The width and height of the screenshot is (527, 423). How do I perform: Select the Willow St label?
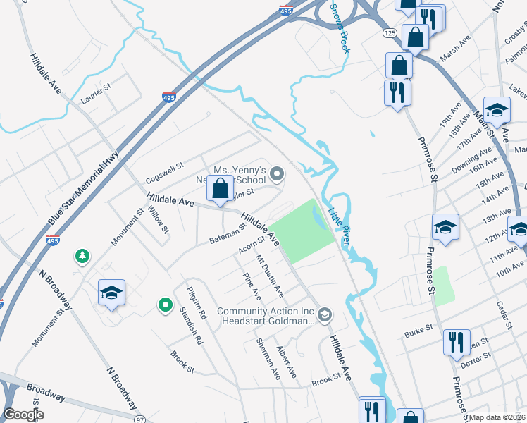pos(161,219)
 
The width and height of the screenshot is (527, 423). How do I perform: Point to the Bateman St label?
pos(226,232)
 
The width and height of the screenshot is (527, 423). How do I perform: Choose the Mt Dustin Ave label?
pos(269,276)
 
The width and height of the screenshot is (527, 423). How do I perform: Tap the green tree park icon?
pos(83,256)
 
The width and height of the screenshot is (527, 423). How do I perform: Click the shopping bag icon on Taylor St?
pos(220,188)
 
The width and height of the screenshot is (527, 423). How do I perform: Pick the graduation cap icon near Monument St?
pos(111,293)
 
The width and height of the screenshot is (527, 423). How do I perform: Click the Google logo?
pos(23,415)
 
